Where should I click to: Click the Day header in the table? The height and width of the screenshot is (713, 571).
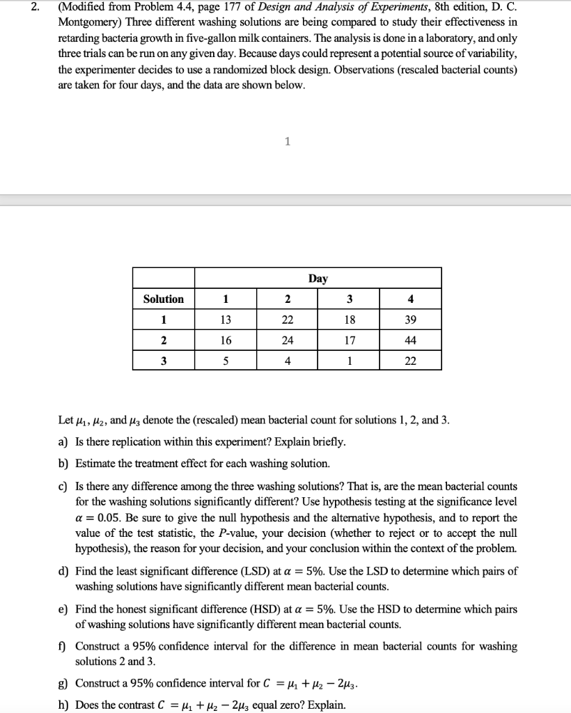coord(318,279)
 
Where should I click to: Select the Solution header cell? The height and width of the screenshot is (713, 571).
coord(164,299)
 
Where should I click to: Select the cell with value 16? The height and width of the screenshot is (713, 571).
coord(225,340)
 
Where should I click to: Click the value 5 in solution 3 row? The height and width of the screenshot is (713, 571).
coord(225,361)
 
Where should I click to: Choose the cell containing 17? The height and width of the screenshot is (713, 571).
coord(349,340)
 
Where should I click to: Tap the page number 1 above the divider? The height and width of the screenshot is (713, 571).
coord(286,142)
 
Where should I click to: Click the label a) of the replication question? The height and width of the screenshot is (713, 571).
coord(65,442)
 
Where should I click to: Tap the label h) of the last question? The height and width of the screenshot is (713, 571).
coord(65,705)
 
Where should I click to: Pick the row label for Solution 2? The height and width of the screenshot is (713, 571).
coord(164,340)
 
